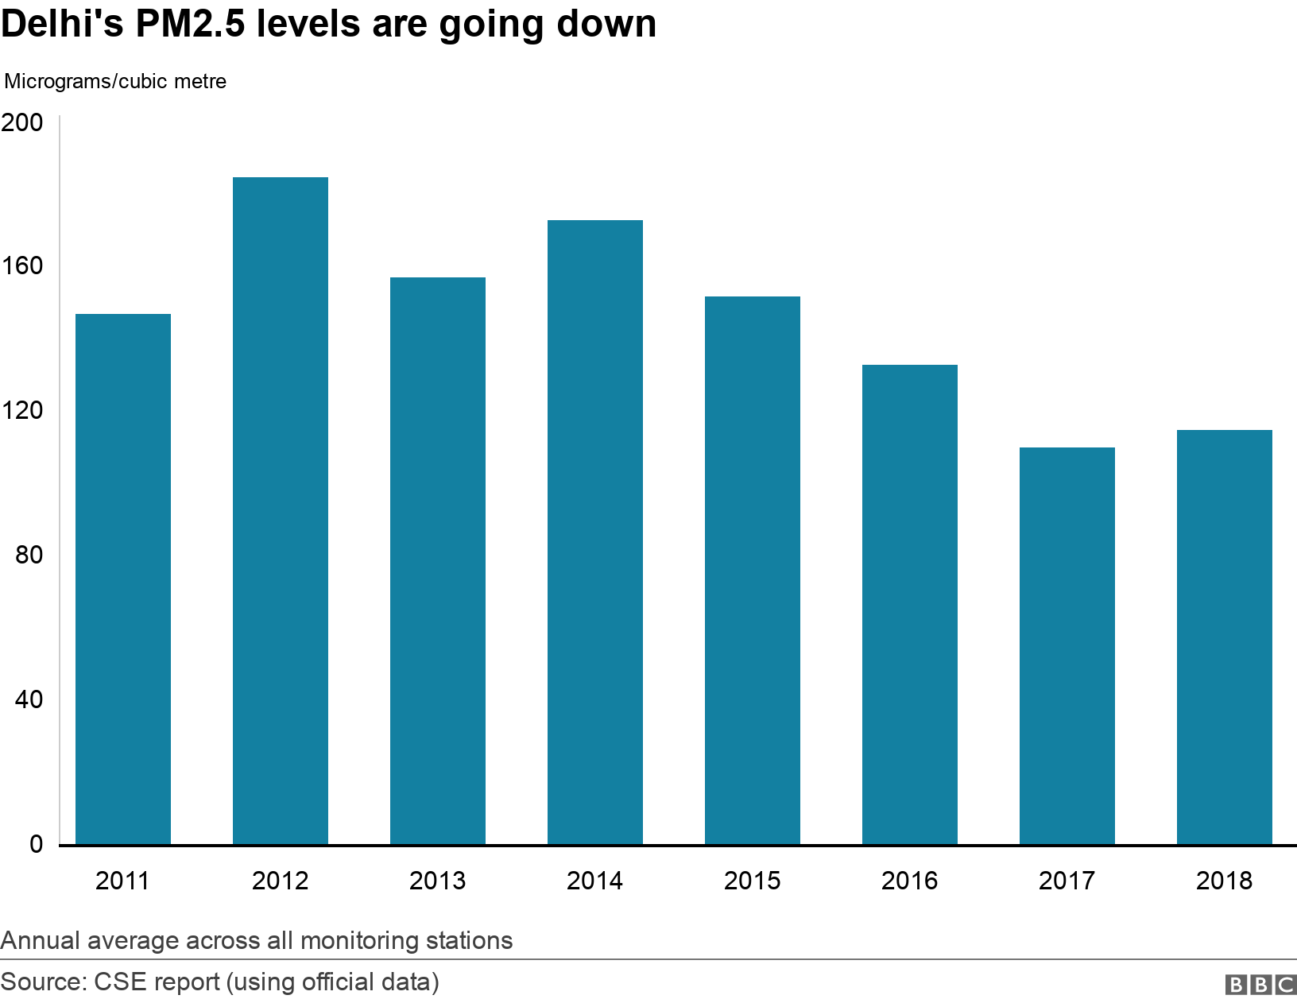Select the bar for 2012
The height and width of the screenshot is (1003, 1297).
click(x=280, y=510)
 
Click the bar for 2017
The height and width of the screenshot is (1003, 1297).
click(x=1067, y=645)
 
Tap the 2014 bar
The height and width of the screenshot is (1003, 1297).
click(x=594, y=532)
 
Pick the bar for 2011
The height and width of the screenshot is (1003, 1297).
click(x=122, y=579)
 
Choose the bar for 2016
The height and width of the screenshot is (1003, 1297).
click(x=909, y=604)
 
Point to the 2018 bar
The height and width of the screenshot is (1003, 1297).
click(x=1224, y=637)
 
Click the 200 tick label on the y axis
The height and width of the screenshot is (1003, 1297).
click(x=22, y=122)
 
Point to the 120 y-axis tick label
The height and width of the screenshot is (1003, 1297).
click(x=22, y=411)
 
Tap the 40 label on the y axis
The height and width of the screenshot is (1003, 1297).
click(x=29, y=699)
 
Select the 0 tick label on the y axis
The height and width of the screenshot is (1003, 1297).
click(x=37, y=844)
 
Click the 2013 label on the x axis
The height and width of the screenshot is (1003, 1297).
click(x=437, y=881)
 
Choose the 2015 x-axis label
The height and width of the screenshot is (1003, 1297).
click(x=752, y=881)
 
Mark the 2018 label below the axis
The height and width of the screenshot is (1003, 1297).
click(x=1224, y=881)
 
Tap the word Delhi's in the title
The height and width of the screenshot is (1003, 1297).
click(x=62, y=24)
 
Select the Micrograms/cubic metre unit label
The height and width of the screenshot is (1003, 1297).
click(x=115, y=81)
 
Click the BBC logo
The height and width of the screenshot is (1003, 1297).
click(x=1260, y=985)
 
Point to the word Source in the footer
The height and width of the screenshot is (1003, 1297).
click(x=41, y=982)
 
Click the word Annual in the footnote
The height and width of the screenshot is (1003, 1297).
click(x=41, y=940)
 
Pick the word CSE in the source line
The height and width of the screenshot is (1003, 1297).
click(x=121, y=982)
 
